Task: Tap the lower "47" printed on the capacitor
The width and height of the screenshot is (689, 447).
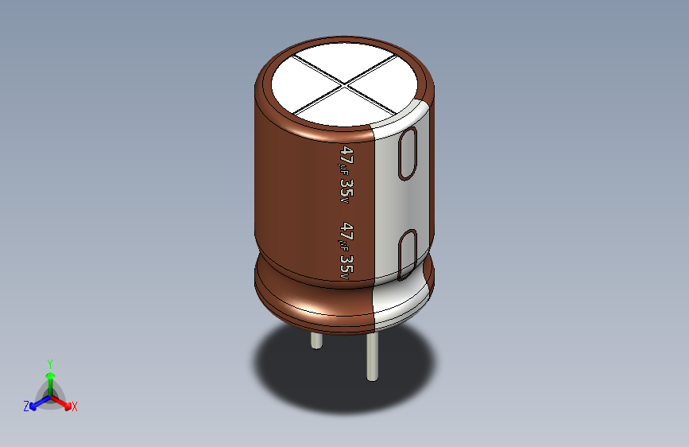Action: tap(346, 231)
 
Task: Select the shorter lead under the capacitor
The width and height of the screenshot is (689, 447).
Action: tap(316, 342)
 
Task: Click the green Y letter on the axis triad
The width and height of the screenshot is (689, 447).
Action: tap(49, 363)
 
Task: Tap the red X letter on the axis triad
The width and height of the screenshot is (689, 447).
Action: tap(75, 407)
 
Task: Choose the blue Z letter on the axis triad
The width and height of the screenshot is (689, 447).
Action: tap(26, 406)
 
